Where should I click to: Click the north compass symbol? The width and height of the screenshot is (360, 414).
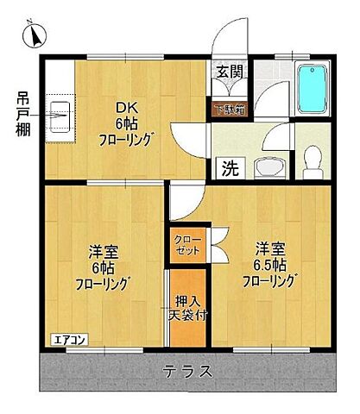pyautogui.click(x=34, y=35)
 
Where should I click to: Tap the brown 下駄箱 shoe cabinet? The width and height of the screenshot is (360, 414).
pyautogui.click(x=229, y=109)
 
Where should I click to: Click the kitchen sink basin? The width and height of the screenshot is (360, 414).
pyautogui.click(x=60, y=110)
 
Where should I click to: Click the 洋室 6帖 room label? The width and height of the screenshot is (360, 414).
pyautogui.click(x=104, y=267)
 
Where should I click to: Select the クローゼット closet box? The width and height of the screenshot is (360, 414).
pyautogui.click(x=186, y=244)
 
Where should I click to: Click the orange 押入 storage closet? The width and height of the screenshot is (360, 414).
pyautogui.click(x=187, y=306)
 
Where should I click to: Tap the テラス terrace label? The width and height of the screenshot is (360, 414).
pyautogui.click(x=186, y=372)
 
